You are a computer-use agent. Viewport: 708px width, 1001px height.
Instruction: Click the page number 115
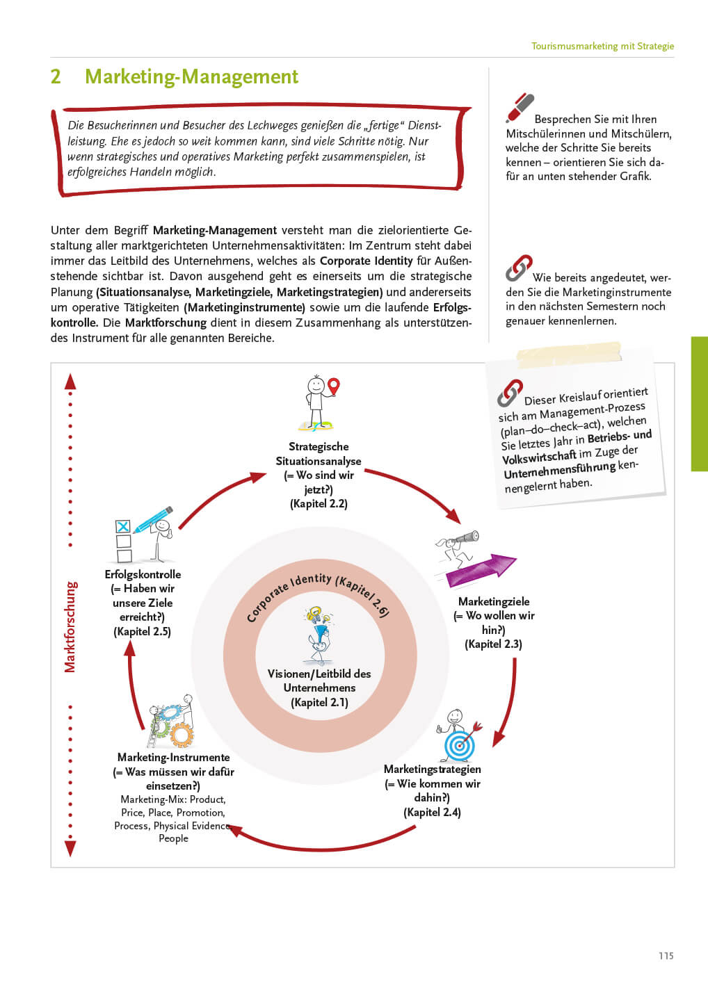coord(666,956)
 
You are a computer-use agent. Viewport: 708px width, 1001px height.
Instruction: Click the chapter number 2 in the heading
coord(56,76)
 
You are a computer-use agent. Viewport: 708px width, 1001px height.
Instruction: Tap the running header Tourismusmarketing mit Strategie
coord(602,46)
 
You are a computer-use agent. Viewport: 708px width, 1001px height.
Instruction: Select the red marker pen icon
coord(520,108)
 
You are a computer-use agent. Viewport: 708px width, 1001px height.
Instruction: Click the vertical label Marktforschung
coord(70,626)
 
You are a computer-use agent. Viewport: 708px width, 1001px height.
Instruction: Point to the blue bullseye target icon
coord(459,746)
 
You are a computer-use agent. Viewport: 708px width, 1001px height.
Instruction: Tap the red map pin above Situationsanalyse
coord(334,386)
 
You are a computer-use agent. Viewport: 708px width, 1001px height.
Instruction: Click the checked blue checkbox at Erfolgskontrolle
coord(123,527)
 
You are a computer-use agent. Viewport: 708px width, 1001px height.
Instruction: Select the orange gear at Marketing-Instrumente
coord(182,734)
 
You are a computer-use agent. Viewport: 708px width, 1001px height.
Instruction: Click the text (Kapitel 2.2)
coord(319,504)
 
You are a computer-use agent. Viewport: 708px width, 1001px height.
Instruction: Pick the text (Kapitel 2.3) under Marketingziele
coord(493,644)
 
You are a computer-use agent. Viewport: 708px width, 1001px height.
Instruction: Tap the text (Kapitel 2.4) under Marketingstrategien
coord(432,813)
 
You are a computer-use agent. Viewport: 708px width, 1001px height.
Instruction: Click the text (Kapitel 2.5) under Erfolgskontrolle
coord(142,632)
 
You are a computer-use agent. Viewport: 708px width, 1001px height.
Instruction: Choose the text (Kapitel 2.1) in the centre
coord(319,703)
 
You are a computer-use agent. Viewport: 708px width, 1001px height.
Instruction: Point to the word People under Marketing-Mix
coord(173,838)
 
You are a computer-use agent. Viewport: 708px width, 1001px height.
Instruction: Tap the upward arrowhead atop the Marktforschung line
coord(70,381)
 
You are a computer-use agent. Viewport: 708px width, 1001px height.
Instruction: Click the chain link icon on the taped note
coord(510,393)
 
